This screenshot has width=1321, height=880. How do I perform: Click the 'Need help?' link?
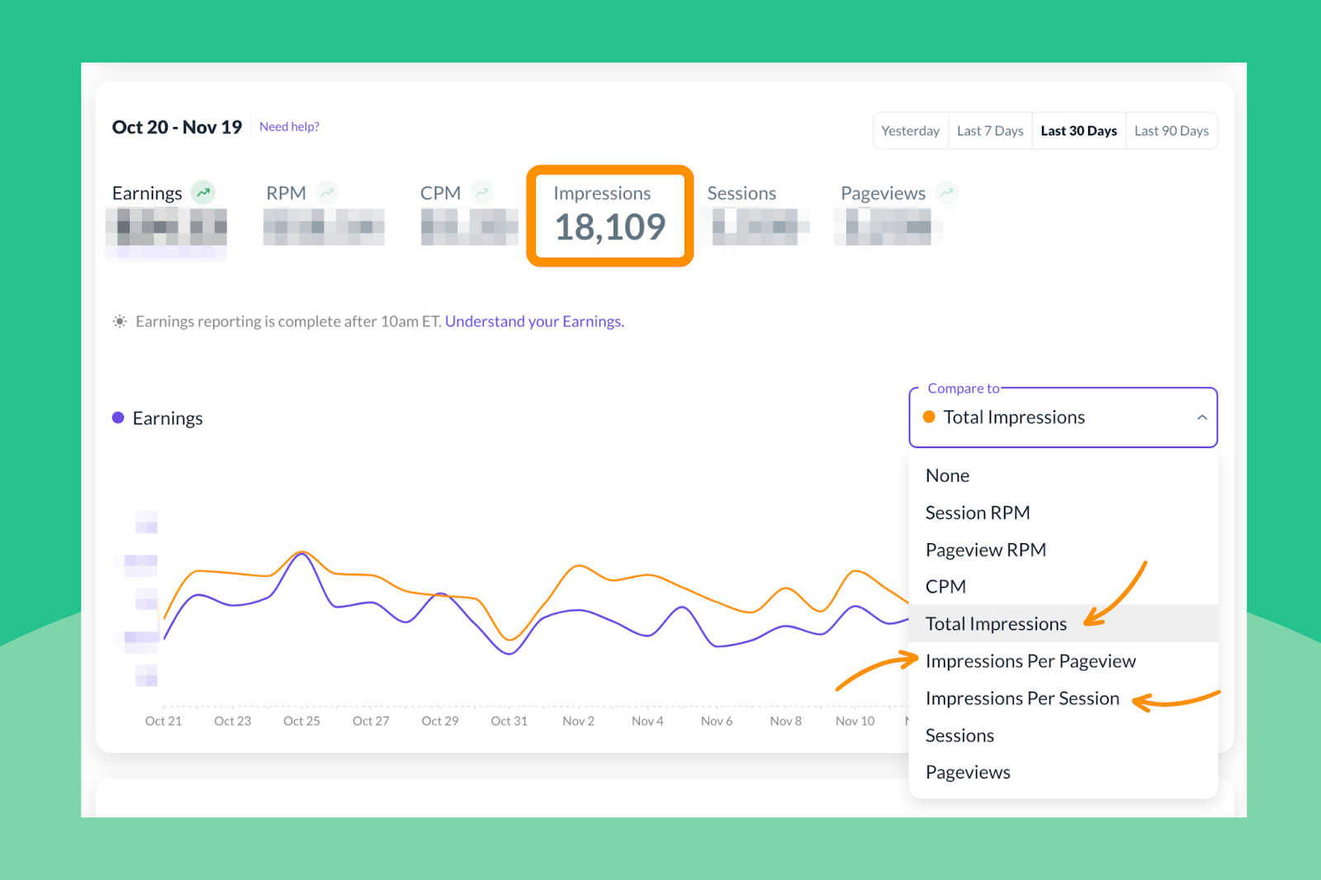click(289, 126)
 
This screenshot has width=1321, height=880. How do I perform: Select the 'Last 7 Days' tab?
click(990, 130)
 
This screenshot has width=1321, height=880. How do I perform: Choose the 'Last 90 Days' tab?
click(1171, 130)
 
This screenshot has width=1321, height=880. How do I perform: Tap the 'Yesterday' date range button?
click(910, 130)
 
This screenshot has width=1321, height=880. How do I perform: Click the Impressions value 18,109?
click(610, 227)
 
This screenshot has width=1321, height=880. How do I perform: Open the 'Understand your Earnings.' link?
click(534, 321)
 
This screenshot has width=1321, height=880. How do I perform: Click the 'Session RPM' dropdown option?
click(978, 513)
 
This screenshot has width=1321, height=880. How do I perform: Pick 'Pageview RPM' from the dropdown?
click(986, 550)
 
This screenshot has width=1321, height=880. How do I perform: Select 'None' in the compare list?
click(947, 475)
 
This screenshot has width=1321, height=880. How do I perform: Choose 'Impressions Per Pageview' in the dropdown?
click(1030, 661)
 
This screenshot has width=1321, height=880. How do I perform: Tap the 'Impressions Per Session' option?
click(1022, 698)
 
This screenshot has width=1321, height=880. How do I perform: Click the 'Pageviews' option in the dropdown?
click(968, 773)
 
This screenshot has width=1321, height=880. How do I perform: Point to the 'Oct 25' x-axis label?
click(301, 721)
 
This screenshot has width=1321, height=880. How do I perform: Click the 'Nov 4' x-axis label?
click(647, 721)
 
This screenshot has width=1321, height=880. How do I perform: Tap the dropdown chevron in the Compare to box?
click(1202, 418)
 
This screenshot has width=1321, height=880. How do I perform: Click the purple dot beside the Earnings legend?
click(118, 418)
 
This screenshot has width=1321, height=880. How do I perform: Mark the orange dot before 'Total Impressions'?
click(929, 417)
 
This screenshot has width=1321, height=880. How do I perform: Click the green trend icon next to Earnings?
click(203, 192)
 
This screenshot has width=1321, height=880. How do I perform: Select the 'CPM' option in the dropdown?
click(945, 587)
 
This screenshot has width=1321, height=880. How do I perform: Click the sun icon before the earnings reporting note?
click(120, 321)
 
